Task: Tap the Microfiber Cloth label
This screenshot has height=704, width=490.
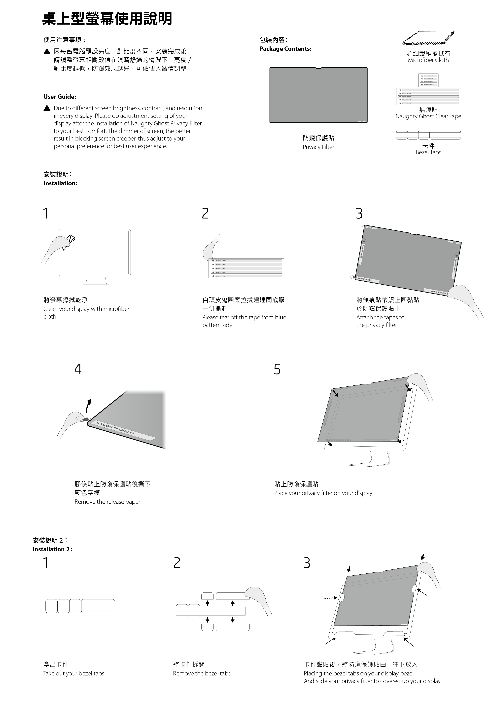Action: (x=428, y=60)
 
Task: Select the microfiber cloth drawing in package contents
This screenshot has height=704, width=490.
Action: (x=428, y=38)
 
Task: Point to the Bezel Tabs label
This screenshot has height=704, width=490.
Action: (x=428, y=152)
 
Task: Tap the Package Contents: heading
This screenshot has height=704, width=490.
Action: (x=285, y=49)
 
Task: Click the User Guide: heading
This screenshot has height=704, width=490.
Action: (x=60, y=97)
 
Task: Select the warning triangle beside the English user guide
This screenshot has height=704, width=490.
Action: (x=47, y=108)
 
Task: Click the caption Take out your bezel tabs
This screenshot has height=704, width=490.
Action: (x=74, y=673)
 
